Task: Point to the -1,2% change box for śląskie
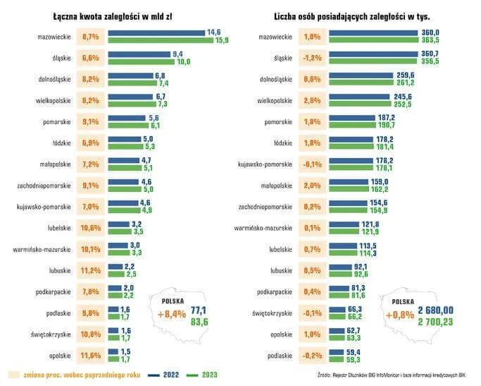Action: (312, 58)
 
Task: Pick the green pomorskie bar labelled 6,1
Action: (126, 125)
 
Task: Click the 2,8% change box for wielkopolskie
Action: (312, 100)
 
